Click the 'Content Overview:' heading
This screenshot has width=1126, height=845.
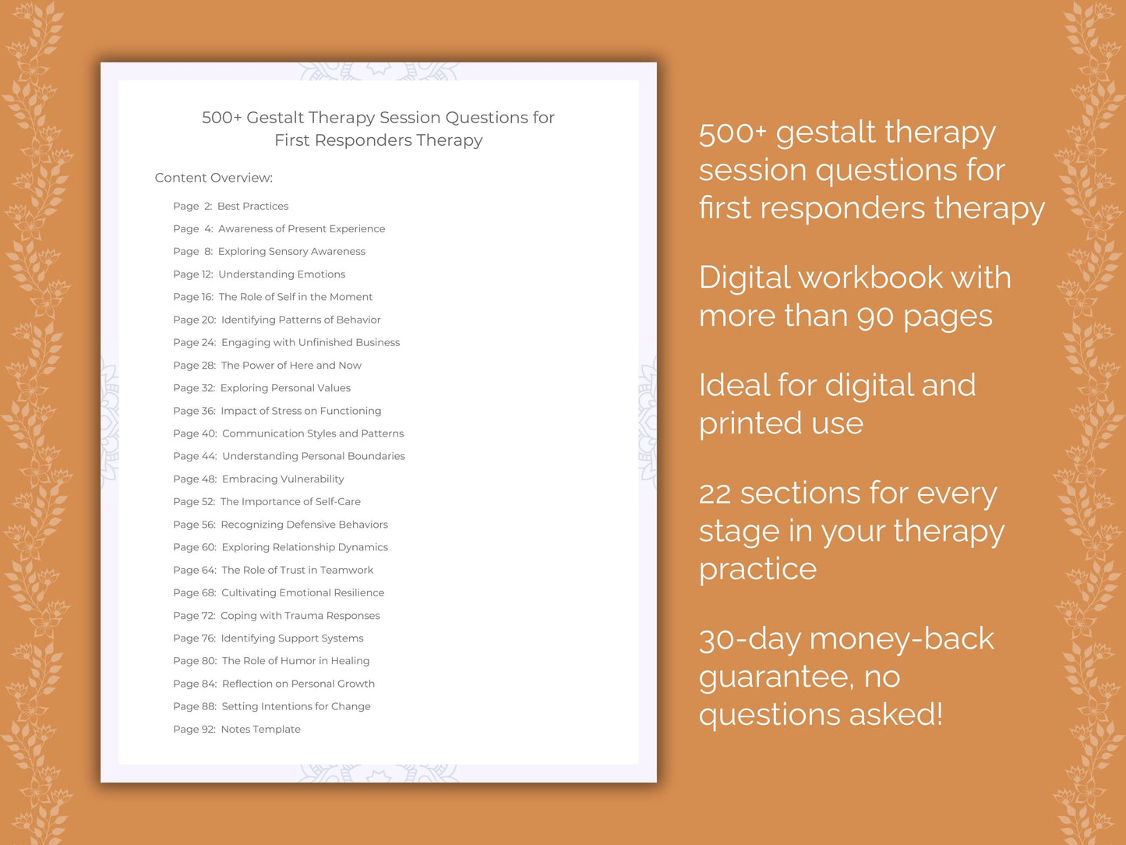click(214, 178)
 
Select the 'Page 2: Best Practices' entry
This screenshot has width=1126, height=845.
click(231, 206)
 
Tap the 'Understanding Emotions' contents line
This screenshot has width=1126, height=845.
click(259, 274)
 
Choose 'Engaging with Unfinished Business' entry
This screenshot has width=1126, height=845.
click(286, 342)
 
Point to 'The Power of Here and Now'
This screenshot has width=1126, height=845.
click(267, 365)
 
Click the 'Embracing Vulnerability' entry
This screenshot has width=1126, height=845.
click(259, 479)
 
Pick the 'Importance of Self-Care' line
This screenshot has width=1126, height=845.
click(266, 501)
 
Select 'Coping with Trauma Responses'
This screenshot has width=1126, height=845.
click(277, 616)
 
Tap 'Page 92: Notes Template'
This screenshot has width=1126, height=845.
click(237, 730)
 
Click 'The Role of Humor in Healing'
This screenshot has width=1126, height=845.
click(271, 661)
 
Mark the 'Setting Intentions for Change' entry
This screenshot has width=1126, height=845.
click(272, 706)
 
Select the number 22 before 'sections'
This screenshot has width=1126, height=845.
click(715, 493)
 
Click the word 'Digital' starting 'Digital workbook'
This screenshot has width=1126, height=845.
click(743, 278)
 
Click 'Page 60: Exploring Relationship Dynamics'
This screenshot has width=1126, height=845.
click(281, 547)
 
